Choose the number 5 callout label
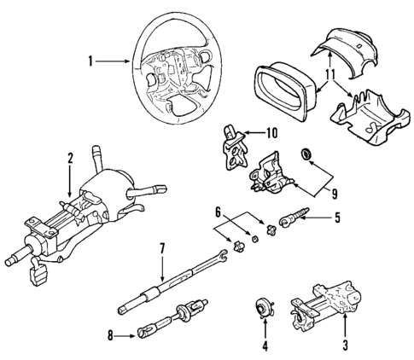click(336, 218)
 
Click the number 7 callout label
click(160, 249)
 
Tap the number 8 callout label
click(109, 336)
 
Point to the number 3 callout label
click(344, 345)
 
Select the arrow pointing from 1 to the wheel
click(115, 61)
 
